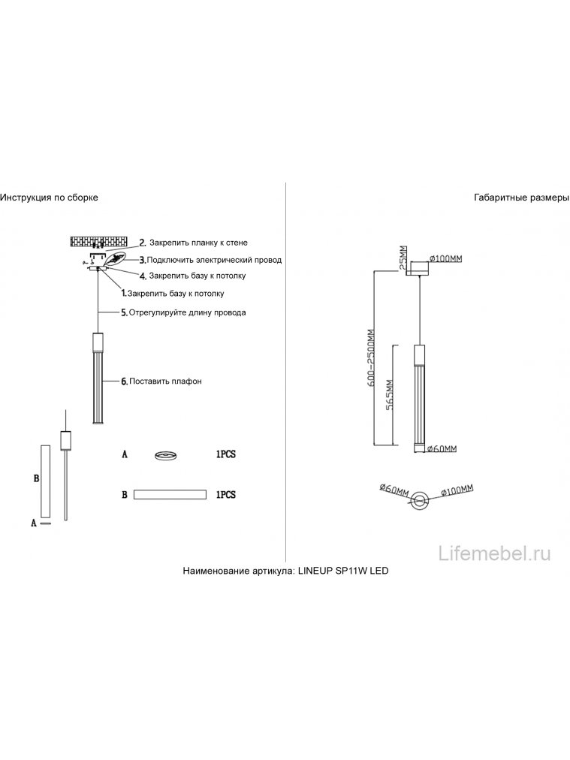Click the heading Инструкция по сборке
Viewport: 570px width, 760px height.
tap(49, 198)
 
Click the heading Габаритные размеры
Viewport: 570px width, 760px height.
tap(522, 198)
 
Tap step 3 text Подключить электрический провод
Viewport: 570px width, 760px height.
tap(214, 260)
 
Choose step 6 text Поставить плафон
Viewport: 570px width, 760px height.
tap(165, 382)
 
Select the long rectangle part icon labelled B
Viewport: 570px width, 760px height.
tap(170, 495)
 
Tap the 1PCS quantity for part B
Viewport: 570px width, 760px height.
tap(225, 495)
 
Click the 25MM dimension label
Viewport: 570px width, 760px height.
tap(403, 258)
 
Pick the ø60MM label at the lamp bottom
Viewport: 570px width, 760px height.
tap(442, 449)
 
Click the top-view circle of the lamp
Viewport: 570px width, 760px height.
tap(420, 499)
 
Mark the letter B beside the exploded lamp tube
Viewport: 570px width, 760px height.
tap(35, 478)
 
